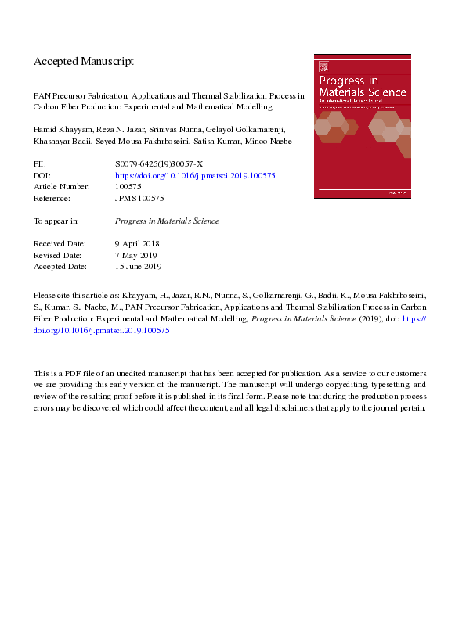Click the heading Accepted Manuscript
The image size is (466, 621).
(84, 61)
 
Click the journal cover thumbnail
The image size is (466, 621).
(361, 125)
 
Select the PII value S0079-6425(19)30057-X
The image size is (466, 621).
(159, 165)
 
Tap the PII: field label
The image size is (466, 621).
(40, 165)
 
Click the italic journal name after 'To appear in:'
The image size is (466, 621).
(166, 221)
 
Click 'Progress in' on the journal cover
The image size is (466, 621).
(345, 80)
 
